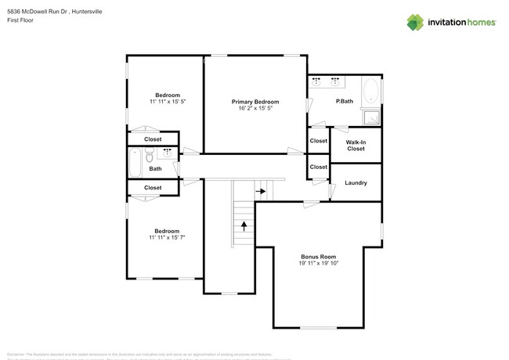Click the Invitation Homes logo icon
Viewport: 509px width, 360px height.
[415, 23]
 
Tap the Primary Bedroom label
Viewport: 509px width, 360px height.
[255, 102]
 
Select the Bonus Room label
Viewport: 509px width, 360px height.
[318, 257]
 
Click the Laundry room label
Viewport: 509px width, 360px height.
[356, 183]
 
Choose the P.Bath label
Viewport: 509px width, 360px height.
[344, 102]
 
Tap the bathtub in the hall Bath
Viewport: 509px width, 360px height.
[134, 162]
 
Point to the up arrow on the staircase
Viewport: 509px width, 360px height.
[244, 227]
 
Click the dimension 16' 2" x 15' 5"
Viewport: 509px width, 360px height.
[255, 109]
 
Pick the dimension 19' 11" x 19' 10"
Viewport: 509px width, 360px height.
[318, 264]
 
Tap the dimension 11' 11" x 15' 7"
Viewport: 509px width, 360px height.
[167, 237]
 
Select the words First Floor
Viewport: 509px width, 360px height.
[20, 22]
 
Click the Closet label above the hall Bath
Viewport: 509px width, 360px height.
[153, 139]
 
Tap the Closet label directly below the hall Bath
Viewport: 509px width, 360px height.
[153, 188]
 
